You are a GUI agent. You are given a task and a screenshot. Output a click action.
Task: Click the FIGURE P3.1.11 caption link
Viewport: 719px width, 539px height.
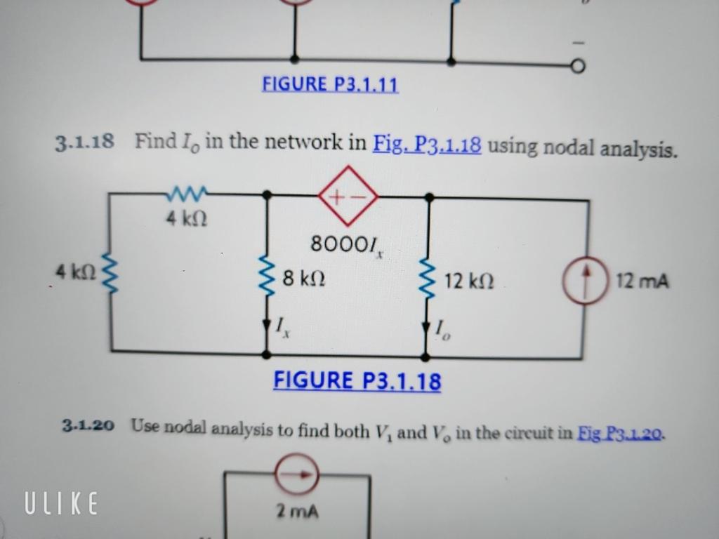(x=330, y=85)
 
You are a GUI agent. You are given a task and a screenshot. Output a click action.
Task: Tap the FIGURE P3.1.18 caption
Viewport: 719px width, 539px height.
(x=357, y=381)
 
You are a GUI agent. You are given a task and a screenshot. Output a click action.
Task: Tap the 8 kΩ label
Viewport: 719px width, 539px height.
(x=303, y=280)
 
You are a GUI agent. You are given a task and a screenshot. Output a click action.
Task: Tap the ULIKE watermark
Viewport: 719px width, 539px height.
(x=61, y=503)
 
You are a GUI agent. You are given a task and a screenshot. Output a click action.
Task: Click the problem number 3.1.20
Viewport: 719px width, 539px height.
(x=88, y=425)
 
